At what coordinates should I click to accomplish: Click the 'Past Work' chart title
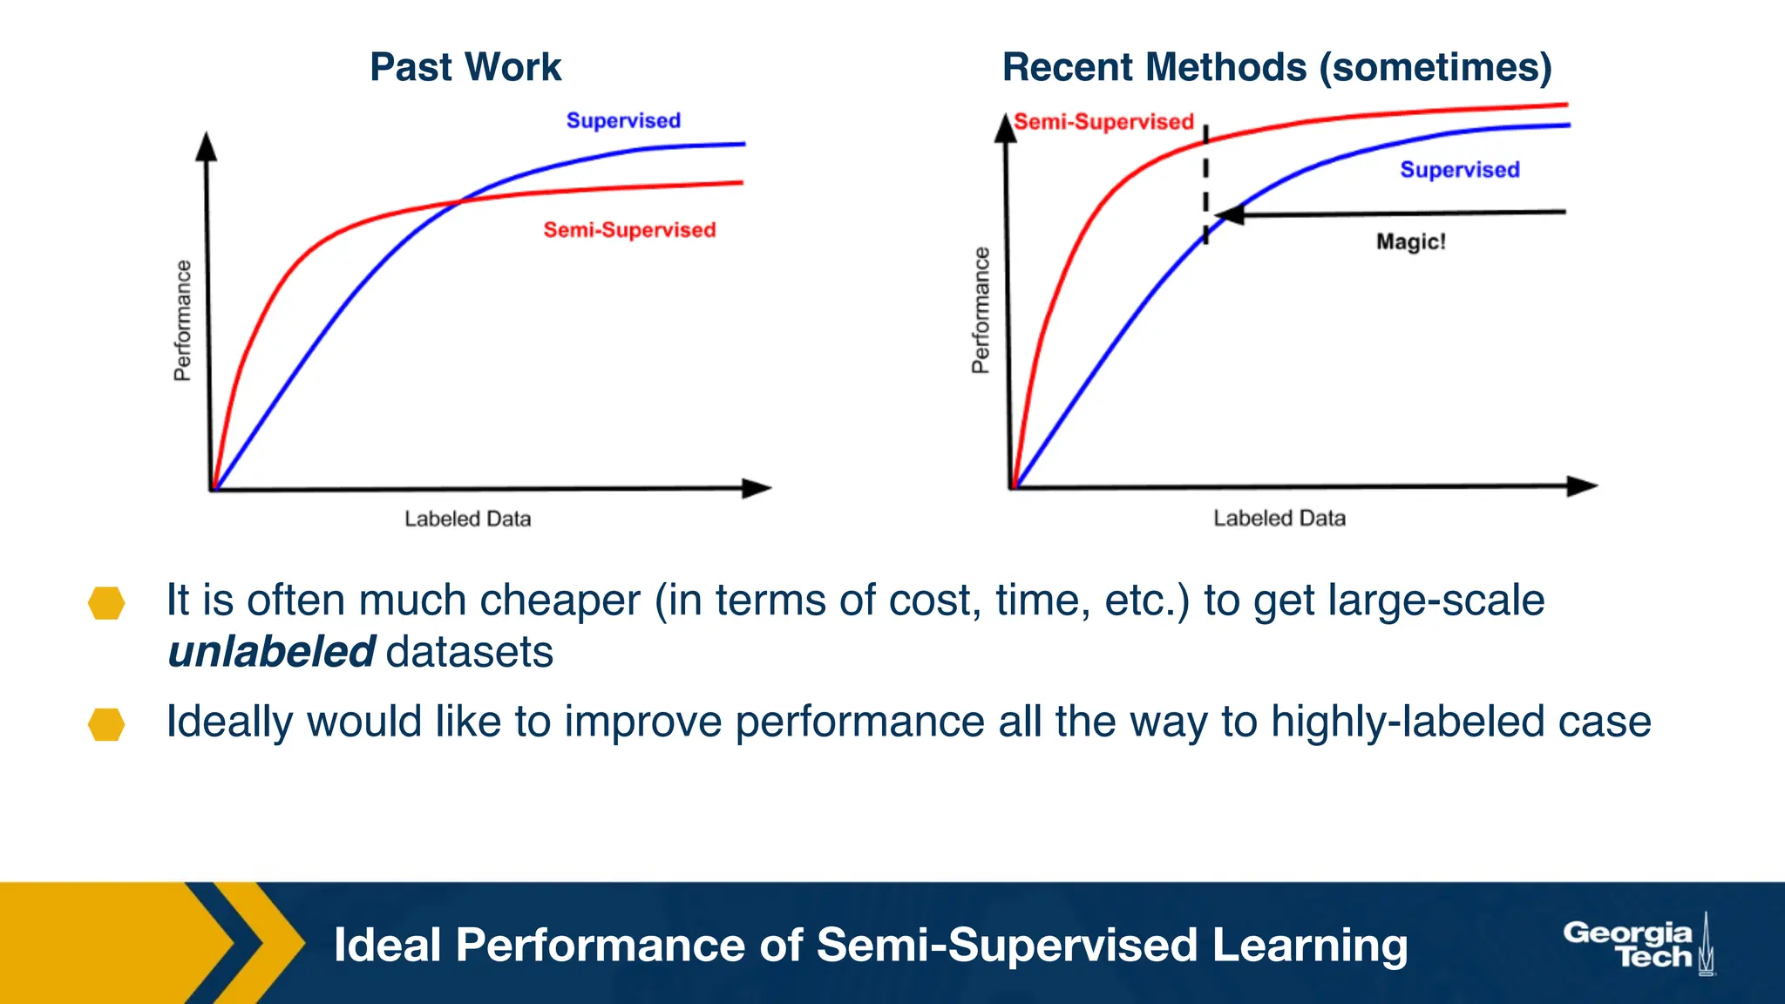point(465,67)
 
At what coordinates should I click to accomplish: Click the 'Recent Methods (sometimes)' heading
point(1277,67)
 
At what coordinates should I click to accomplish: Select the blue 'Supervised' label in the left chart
point(623,120)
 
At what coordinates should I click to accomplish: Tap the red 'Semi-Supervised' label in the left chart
point(629,230)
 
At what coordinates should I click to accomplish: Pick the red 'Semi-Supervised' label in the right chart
point(1103,122)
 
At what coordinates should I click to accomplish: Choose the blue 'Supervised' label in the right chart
point(1460,170)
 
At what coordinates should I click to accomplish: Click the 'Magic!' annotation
point(1410,241)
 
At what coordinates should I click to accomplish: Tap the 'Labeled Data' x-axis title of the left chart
point(467,519)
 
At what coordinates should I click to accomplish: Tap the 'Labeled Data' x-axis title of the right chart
point(1279,519)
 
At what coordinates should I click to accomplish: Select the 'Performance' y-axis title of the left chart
point(182,321)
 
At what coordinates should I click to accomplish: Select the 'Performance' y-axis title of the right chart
point(981,310)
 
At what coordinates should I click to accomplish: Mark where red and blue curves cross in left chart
point(459,202)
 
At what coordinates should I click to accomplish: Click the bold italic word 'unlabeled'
point(271,652)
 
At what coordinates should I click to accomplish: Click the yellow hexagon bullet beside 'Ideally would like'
point(106,724)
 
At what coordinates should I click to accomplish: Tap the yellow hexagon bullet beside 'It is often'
point(106,603)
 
